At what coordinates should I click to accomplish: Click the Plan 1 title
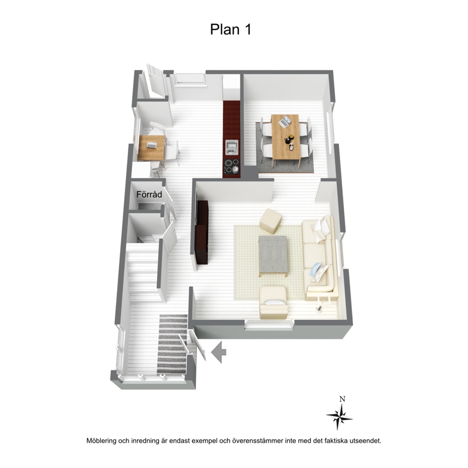coord(230,30)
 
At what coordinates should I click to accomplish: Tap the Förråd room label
coord(149,194)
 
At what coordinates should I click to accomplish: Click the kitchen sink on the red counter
coord(232,148)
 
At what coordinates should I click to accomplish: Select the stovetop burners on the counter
coord(232,166)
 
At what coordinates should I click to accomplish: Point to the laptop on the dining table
coord(285,121)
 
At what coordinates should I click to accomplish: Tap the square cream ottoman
coord(270,221)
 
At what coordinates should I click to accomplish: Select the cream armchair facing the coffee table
coord(274,303)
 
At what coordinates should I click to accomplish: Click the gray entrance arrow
coord(219,352)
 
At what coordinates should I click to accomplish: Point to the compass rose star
coord(339,416)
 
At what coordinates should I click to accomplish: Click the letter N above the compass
coord(343,399)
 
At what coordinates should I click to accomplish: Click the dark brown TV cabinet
coord(202,232)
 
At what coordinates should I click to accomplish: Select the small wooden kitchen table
coord(151,148)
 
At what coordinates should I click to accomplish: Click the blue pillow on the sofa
coord(316,269)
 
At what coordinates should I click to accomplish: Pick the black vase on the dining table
coord(288,140)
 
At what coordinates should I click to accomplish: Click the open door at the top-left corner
coord(156,81)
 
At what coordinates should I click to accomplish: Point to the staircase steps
coord(142,274)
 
